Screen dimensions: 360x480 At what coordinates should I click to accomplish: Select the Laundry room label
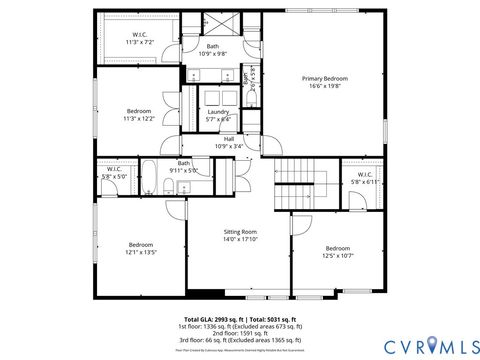(x=218, y=115)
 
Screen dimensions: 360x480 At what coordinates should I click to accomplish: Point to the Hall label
(x=229, y=141)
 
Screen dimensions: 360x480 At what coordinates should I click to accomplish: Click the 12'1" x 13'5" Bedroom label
(x=140, y=248)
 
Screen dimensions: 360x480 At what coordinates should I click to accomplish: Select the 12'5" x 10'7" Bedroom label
(x=337, y=251)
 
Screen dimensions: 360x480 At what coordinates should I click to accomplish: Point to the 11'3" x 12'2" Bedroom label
(x=138, y=113)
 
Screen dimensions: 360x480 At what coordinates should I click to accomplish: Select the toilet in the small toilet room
(x=245, y=78)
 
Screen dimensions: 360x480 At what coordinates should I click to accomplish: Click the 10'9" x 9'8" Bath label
(x=212, y=50)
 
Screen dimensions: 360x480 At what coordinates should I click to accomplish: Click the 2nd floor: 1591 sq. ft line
(x=240, y=333)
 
